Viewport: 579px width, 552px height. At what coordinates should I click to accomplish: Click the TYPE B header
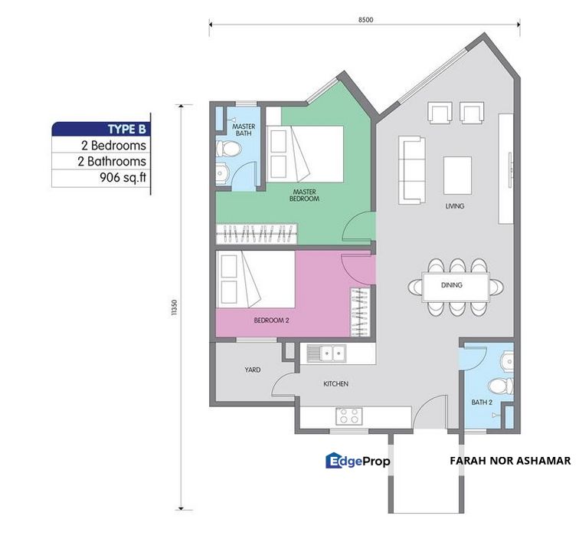pyautogui.click(x=123, y=128)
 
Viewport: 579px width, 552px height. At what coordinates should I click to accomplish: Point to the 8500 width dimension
pyautogui.click(x=365, y=20)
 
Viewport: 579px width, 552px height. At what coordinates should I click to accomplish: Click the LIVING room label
pyautogui.click(x=456, y=206)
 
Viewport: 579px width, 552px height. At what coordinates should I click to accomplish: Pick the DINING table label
pyautogui.click(x=452, y=285)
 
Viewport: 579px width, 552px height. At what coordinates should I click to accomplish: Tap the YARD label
pyautogui.click(x=252, y=370)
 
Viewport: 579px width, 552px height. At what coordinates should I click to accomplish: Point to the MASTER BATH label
pyautogui.click(x=244, y=130)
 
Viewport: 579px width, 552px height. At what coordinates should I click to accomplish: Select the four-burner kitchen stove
pyautogui.click(x=349, y=416)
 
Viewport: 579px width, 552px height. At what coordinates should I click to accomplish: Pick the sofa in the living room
pyautogui.click(x=412, y=170)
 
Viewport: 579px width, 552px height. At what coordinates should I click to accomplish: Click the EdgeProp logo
pyautogui.click(x=358, y=461)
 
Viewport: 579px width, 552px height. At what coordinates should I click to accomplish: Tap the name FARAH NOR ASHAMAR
pyautogui.click(x=510, y=461)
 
